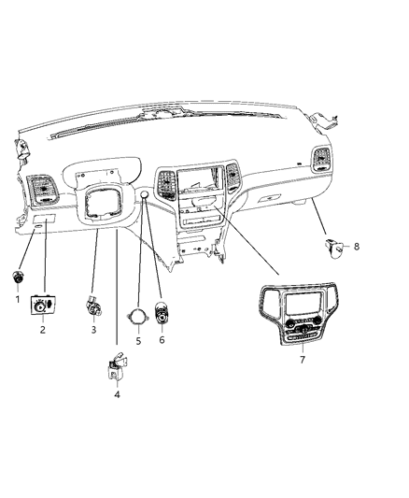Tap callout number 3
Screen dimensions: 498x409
click(93, 330)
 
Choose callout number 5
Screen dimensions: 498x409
click(137, 342)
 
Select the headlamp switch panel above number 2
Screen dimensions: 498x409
click(44, 306)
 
